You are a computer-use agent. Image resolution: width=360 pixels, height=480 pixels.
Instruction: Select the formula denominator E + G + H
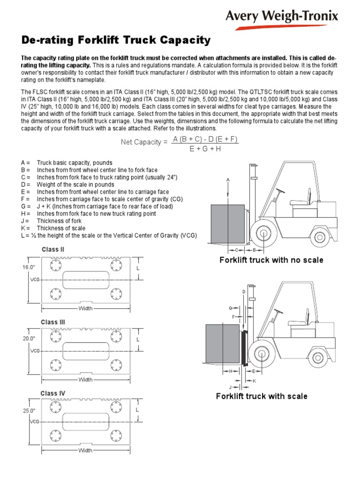coord(205,149)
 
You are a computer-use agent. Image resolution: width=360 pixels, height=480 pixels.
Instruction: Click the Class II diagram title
coord(53,249)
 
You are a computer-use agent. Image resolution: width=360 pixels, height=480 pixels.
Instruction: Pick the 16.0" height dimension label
coord(29,267)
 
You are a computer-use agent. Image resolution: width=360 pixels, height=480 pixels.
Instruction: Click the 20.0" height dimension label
coord(29,338)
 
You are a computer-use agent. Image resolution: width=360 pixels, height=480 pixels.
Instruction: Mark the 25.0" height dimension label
coord(29,411)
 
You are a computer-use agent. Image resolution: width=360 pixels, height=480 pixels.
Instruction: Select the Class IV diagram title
coord(53,393)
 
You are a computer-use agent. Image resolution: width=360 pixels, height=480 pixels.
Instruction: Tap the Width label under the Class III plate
coord(85,379)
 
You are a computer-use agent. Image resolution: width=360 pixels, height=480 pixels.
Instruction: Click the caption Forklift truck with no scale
coord(271,260)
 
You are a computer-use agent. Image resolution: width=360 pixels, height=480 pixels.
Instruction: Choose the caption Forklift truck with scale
coord(262,396)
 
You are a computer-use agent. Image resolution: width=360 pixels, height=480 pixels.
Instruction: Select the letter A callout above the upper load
coord(228,180)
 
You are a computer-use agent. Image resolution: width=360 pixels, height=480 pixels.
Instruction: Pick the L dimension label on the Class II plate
coord(138,268)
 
